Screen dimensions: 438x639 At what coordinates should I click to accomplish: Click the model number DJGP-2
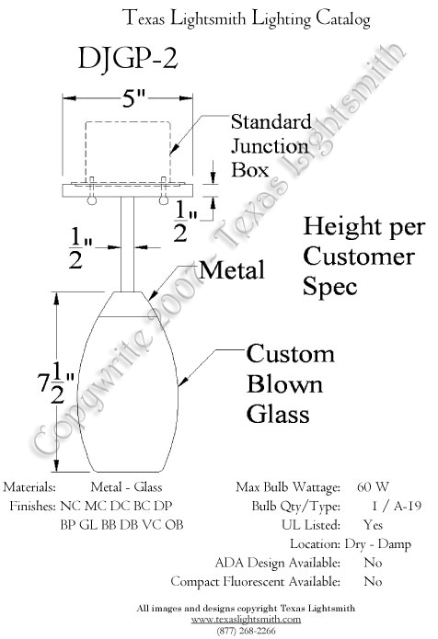pyautogui.click(x=128, y=59)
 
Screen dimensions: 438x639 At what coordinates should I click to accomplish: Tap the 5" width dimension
pyautogui.click(x=133, y=98)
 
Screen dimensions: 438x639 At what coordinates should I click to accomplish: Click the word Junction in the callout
pyautogui.click(x=270, y=146)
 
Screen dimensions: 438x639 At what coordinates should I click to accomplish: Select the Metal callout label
pyautogui.click(x=232, y=270)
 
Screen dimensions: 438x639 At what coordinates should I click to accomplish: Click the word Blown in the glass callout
pyautogui.click(x=284, y=384)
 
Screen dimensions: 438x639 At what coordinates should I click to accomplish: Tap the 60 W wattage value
pyautogui.click(x=373, y=486)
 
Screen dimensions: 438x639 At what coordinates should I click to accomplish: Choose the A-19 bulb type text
pyautogui.click(x=408, y=506)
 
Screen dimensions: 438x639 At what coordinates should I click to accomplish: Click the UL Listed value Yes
pyautogui.click(x=374, y=524)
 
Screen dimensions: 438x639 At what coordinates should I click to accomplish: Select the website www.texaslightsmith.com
pyautogui.click(x=246, y=620)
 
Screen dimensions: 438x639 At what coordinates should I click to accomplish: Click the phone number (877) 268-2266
pyautogui.click(x=246, y=631)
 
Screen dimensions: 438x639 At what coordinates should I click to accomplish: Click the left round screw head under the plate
pyautogui.click(x=92, y=200)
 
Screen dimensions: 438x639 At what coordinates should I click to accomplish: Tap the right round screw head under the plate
pyautogui.click(x=164, y=200)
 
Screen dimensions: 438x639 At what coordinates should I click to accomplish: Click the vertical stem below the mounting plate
pyautogui.click(x=128, y=245)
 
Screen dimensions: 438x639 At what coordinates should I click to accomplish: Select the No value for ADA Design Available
pyautogui.click(x=373, y=563)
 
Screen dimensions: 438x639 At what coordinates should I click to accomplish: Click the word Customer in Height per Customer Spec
pyautogui.click(x=359, y=257)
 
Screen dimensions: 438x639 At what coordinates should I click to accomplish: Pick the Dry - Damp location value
pyautogui.click(x=377, y=544)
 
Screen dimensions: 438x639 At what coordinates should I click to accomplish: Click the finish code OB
pyautogui.click(x=174, y=524)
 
